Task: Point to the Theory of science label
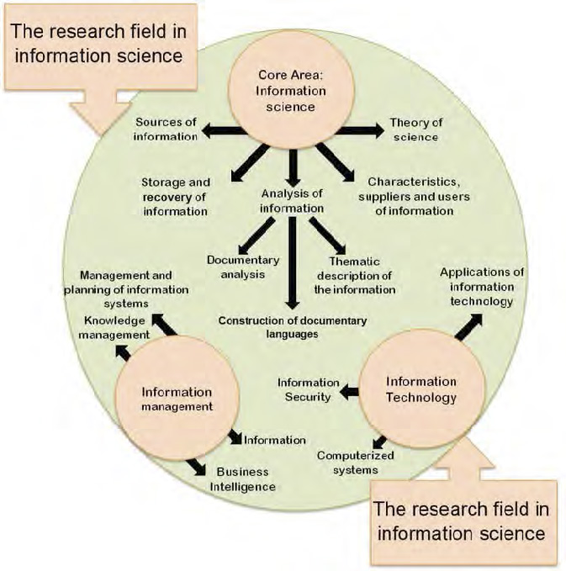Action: click(415, 129)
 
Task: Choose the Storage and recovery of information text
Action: click(176, 196)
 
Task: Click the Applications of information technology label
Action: click(482, 287)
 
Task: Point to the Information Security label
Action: click(308, 389)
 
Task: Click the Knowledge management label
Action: click(117, 328)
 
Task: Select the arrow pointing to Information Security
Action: click(348, 390)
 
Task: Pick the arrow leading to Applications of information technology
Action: click(469, 325)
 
